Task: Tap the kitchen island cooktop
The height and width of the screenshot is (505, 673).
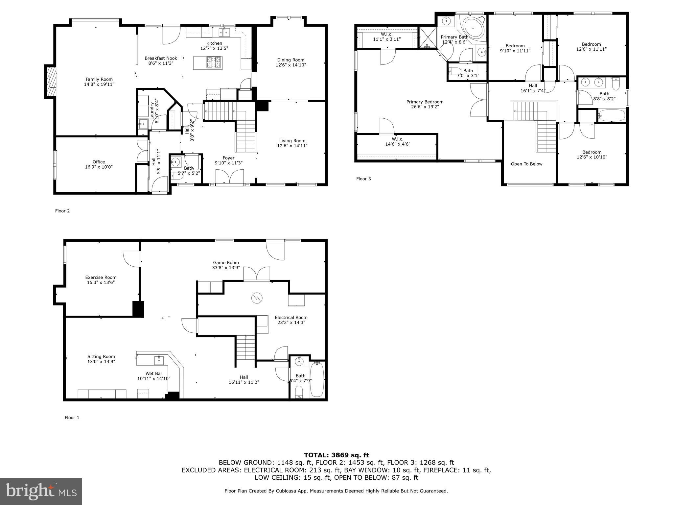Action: point(214,62)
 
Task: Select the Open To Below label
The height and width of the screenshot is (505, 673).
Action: point(526,164)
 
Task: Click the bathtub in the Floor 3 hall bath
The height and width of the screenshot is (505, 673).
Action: point(612,116)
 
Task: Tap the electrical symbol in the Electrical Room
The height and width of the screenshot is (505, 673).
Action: point(257,298)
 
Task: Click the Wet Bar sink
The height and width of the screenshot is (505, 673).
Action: point(159,360)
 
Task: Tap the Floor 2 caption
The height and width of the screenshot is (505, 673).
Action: point(62,211)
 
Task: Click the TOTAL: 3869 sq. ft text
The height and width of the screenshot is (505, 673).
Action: point(336,455)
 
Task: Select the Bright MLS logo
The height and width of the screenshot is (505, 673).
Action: point(41,491)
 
